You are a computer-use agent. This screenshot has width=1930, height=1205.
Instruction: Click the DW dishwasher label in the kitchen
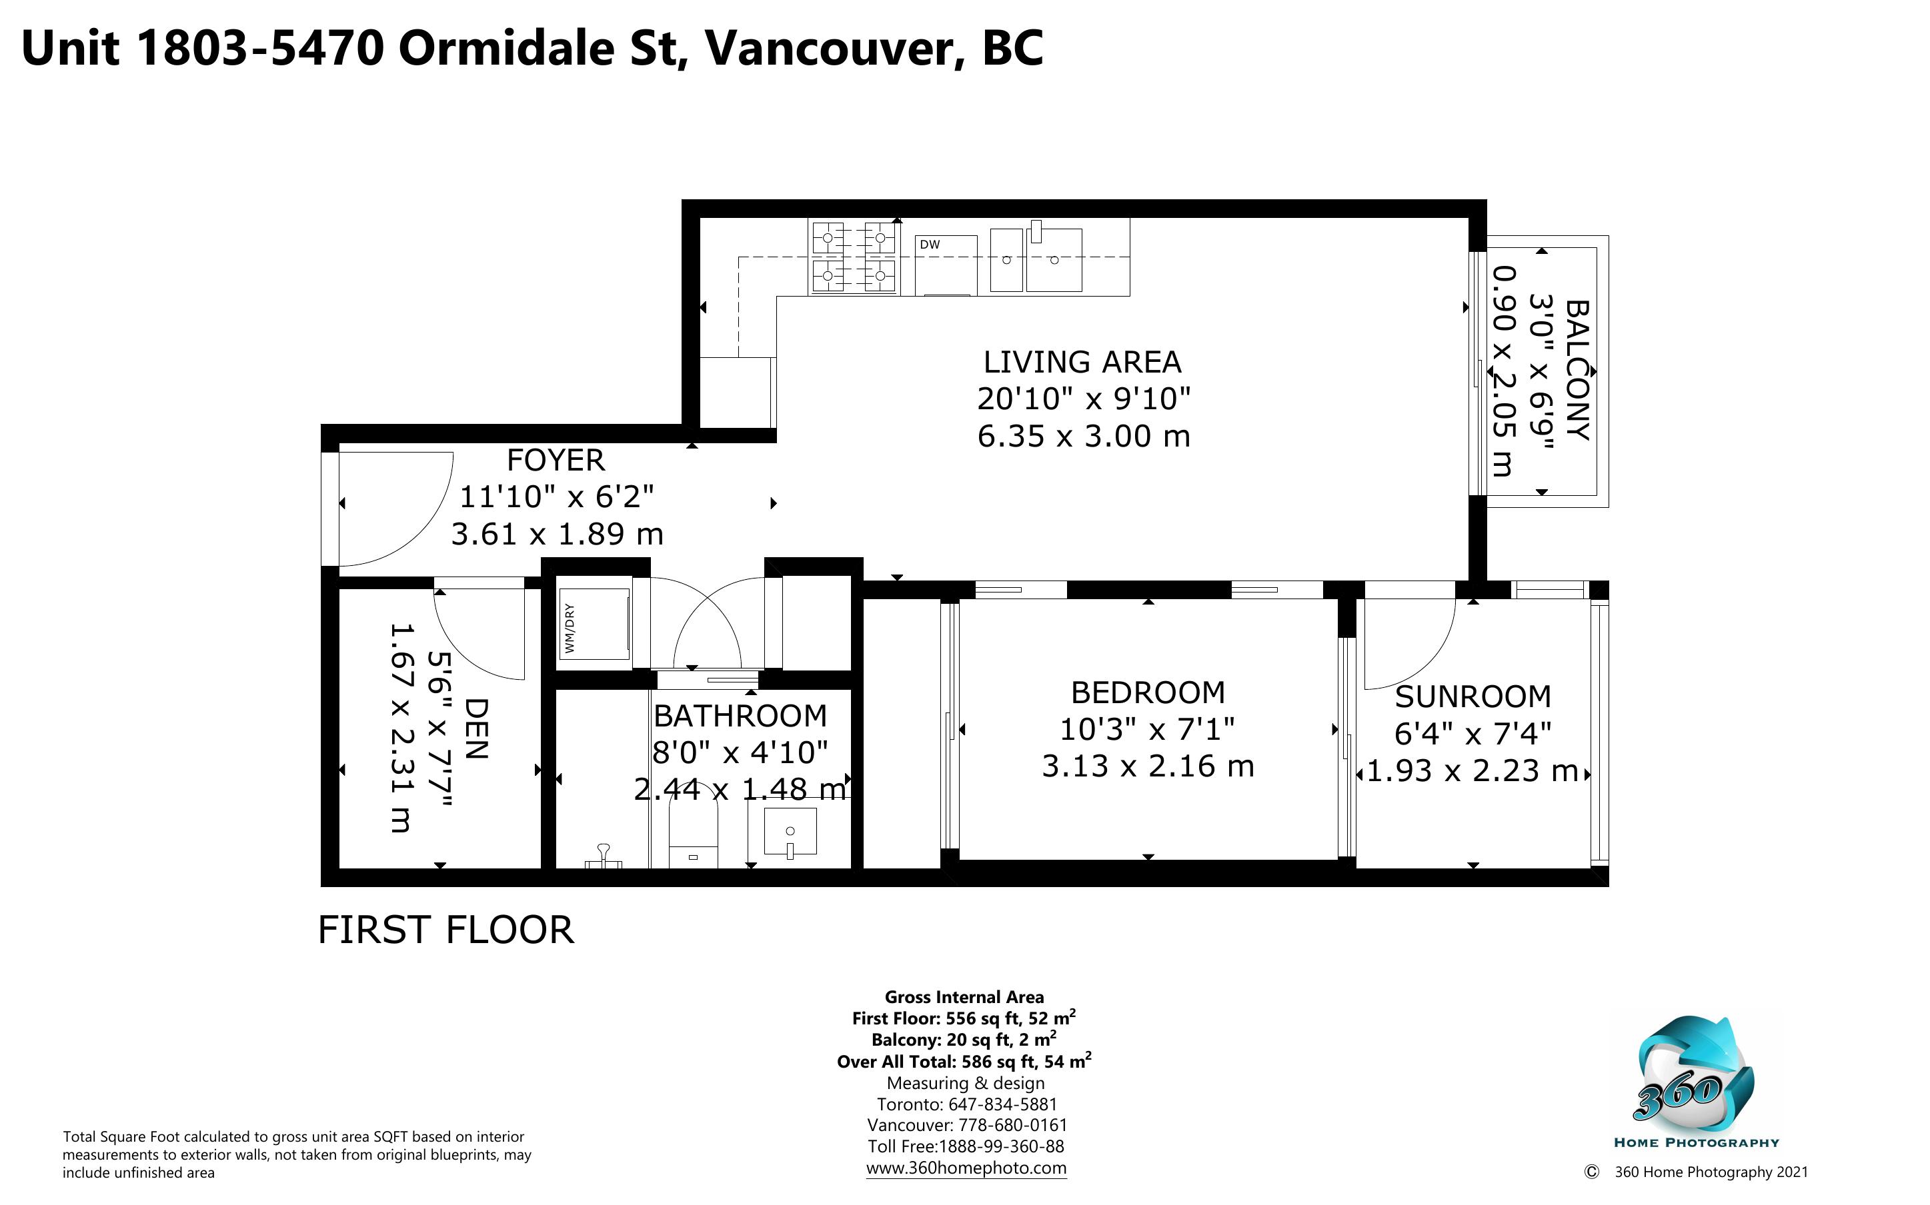pyautogui.click(x=930, y=245)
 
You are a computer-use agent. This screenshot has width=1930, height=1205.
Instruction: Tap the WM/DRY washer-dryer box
pyautogui.click(x=595, y=624)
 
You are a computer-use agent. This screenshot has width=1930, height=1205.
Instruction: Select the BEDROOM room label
pyautogui.click(x=1148, y=692)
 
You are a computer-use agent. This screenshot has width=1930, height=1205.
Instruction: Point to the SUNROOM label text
pyautogui.click(x=1473, y=697)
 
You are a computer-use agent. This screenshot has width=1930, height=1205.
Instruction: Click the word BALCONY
pyautogui.click(x=1578, y=371)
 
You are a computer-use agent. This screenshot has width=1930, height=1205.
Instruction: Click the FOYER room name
pyautogui.click(x=556, y=461)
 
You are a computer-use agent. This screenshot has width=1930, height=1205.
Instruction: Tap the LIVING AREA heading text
pyautogui.click(x=1082, y=363)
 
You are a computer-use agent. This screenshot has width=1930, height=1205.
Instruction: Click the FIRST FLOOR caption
pyautogui.click(x=445, y=930)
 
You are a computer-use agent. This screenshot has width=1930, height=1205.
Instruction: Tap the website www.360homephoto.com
pyautogui.click(x=966, y=1168)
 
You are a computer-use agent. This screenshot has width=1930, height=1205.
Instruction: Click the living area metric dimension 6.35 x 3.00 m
pyautogui.click(x=1084, y=437)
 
